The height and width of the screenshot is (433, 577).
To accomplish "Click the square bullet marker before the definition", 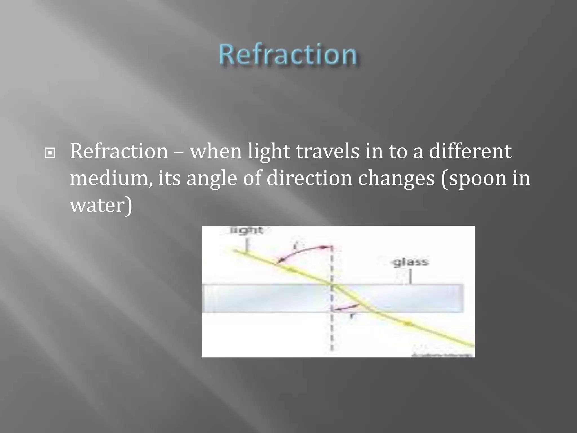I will click(50, 153).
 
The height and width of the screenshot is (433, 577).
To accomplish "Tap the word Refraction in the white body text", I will click(119, 151).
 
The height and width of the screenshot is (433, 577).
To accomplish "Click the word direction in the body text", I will click(309, 178).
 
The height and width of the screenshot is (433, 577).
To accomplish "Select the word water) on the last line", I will click(101, 205).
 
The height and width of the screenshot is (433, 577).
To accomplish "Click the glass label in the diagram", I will click(410, 262).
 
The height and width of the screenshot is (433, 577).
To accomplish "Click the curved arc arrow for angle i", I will click(301, 251).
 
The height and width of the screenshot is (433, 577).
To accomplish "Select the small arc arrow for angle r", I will click(345, 308).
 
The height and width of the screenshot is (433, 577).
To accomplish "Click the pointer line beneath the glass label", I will click(410, 276).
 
